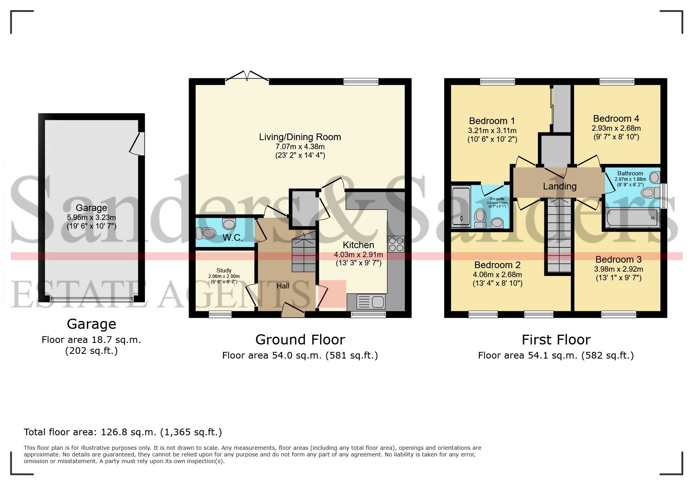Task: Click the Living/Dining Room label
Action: point(300,137)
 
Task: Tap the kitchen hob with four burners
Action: point(396,244)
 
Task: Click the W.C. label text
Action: point(232,238)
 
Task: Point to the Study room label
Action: point(224,270)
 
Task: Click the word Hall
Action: point(283,286)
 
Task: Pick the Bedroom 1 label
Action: point(492,121)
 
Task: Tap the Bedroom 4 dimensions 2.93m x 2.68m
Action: point(616,128)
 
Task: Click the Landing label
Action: point(560,186)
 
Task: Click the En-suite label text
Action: point(497,199)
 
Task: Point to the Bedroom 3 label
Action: point(618,260)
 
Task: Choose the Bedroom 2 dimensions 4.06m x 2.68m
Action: point(497,275)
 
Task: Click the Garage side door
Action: point(138,143)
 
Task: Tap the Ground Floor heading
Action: point(300,339)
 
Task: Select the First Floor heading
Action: point(556,339)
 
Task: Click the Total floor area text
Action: point(123,432)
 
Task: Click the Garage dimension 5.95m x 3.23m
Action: point(91,218)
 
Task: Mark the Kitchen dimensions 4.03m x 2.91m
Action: point(358,255)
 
